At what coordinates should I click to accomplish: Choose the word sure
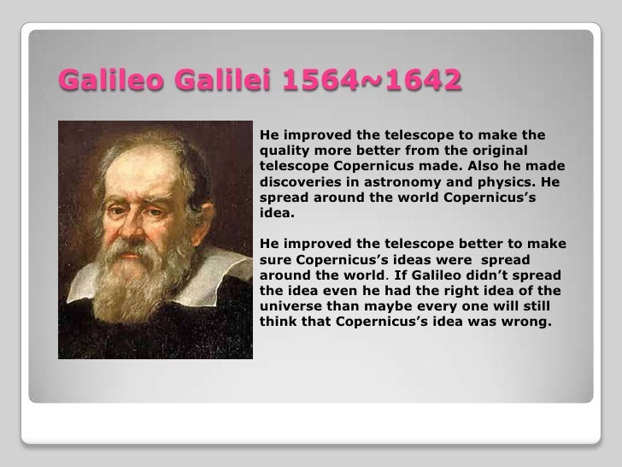coord(275,260)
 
